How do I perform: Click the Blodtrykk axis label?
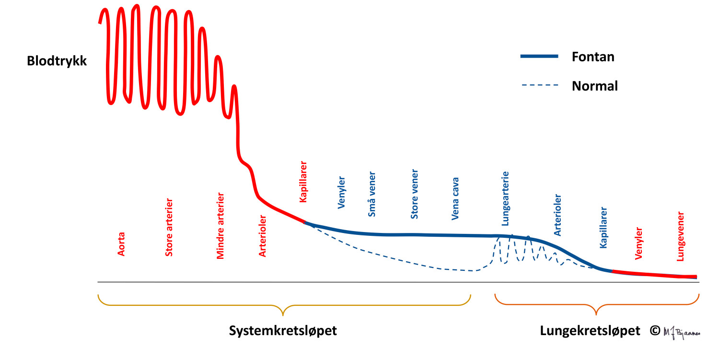click(57, 61)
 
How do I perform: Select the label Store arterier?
click(169, 227)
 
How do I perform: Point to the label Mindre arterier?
click(220, 226)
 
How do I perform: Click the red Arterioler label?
click(263, 236)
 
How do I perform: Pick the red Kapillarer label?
click(303, 182)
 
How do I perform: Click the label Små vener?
click(372, 194)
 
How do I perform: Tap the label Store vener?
click(415, 194)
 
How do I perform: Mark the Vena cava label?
click(456, 199)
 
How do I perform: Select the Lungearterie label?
click(505, 198)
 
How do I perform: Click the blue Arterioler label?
click(557, 215)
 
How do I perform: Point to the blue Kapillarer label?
click(604, 228)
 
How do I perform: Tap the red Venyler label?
click(638, 243)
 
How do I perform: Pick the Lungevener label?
click(680, 236)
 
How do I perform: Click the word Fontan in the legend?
click(593, 57)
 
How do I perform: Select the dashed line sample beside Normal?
click(540, 86)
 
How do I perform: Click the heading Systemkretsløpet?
click(283, 331)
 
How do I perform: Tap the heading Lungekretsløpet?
click(590, 331)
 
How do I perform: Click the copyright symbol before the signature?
click(655, 330)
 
